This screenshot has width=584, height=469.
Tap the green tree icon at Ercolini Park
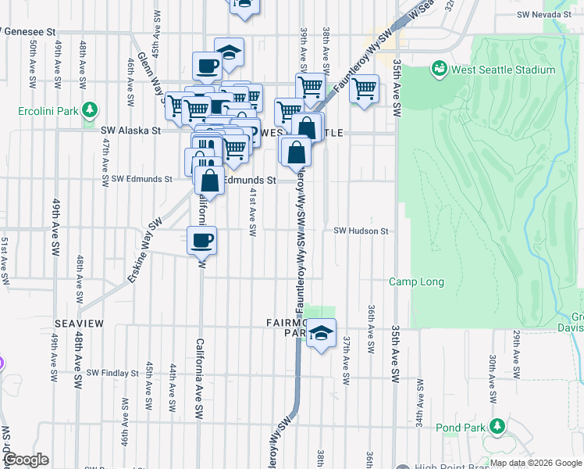(91, 109)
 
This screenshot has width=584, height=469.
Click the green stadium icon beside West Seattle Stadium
(440, 70)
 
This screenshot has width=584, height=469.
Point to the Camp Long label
(417, 281)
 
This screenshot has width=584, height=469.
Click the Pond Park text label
(461, 428)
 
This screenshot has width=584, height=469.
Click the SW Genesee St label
(29, 32)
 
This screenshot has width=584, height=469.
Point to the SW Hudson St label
(361, 231)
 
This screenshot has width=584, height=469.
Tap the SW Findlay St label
(112, 373)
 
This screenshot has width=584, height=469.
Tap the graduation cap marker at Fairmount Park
(320, 332)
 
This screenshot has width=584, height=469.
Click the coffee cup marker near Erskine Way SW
(202, 239)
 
